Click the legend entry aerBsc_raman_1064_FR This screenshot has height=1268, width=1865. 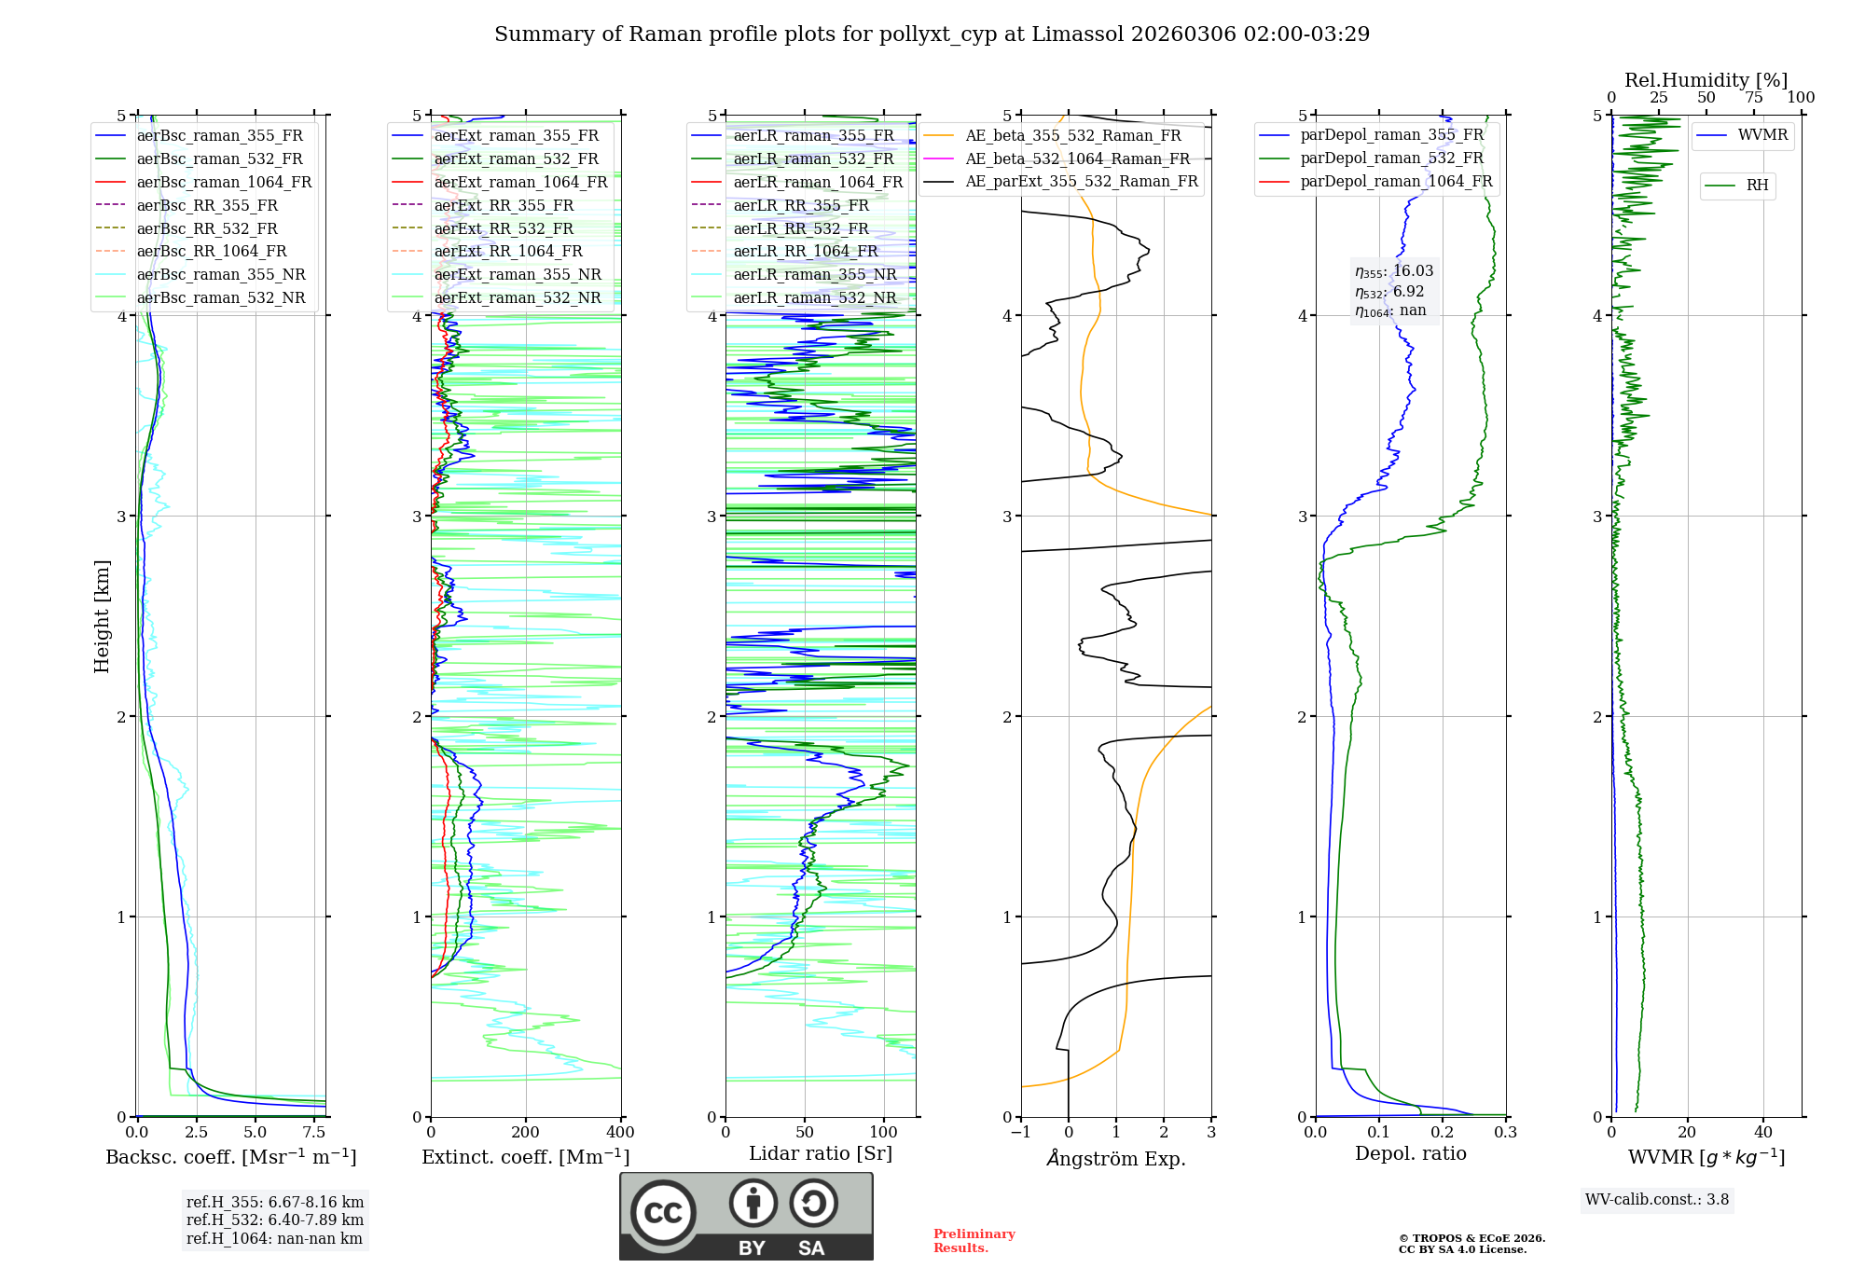click(x=224, y=182)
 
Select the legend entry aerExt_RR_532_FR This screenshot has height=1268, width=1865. click(x=504, y=228)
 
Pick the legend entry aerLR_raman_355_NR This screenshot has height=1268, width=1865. click(x=814, y=274)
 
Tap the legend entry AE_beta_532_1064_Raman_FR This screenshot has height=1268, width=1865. click(x=1077, y=158)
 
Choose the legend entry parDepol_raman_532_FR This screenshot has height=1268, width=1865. click(x=1391, y=158)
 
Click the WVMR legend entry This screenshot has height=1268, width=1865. click(x=1762, y=135)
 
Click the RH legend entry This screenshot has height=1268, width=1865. click(x=1757, y=186)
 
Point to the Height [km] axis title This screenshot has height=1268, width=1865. click(x=102, y=616)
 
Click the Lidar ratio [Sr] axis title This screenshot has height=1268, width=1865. click(x=821, y=1153)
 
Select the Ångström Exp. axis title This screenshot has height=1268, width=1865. click(x=1116, y=1158)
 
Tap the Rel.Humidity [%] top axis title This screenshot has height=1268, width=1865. click(x=1706, y=80)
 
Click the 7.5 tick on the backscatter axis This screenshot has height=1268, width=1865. click(x=314, y=1133)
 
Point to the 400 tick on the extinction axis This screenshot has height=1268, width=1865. click(x=621, y=1133)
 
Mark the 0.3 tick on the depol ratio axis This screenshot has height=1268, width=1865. click(x=1505, y=1133)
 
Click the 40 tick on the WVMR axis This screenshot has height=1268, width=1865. click(x=1763, y=1133)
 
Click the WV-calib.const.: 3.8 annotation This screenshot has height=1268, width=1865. click(x=1657, y=1200)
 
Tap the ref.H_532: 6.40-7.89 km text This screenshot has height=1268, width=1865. click(x=275, y=1220)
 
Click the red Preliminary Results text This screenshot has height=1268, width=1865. click(x=974, y=1241)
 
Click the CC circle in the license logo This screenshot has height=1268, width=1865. click(x=664, y=1213)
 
